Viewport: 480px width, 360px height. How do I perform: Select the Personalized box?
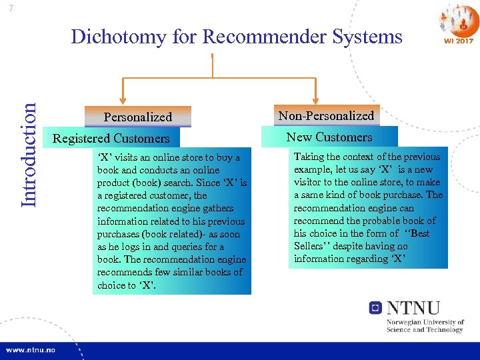[x=138, y=117]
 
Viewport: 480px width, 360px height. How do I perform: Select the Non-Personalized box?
[x=326, y=115]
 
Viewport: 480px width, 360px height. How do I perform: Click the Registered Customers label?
[x=111, y=139]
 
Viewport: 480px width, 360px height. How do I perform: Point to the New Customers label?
[x=329, y=137]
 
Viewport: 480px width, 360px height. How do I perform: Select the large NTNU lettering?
[x=414, y=309]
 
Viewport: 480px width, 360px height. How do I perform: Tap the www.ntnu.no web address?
[x=31, y=349]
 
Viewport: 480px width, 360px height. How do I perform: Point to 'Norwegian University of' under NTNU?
[x=424, y=323]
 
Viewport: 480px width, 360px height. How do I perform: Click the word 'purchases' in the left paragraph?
[x=118, y=234]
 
